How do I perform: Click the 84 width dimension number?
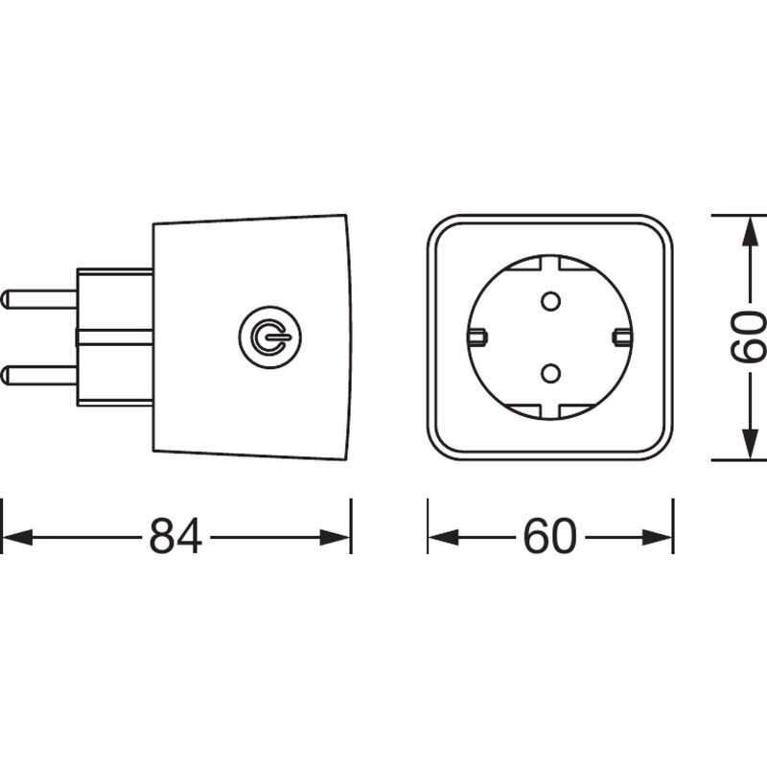tap(175, 537)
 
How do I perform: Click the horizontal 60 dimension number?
tap(550, 537)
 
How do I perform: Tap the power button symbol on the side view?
tap(269, 336)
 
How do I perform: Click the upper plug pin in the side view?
tap(38, 298)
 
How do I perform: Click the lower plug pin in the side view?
tap(38, 373)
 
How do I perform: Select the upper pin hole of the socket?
tap(550, 301)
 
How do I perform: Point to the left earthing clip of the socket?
tap(477, 336)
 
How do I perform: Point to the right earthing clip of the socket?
tap(621, 336)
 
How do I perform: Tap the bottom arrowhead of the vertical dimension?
tap(748, 447)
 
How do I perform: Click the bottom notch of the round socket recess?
tap(550, 412)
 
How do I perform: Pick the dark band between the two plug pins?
tap(113, 337)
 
